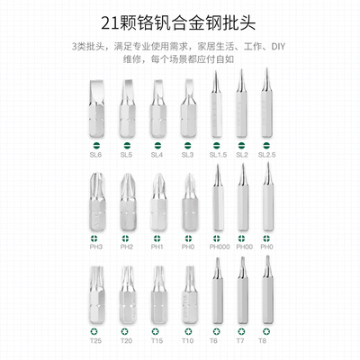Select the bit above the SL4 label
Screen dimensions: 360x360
pos(157,108)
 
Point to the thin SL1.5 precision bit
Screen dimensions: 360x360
pos(217,106)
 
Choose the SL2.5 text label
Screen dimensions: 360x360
pos(267,155)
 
